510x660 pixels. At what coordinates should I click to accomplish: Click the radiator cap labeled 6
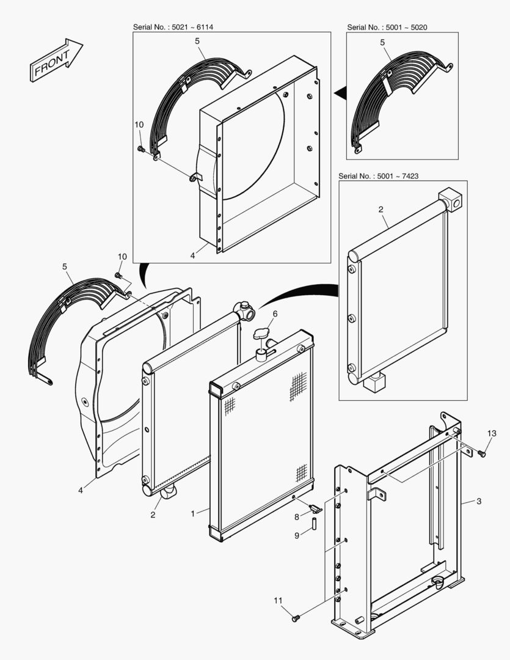point(263,334)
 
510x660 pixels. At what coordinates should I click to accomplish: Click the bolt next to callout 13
point(481,453)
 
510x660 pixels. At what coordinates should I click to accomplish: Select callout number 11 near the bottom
point(279,601)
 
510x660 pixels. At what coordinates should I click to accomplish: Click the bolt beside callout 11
point(296,618)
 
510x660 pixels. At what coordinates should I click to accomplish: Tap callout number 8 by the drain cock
point(297,516)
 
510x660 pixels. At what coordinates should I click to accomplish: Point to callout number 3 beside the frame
point(479,501)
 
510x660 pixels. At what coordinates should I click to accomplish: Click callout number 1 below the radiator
point(193,514)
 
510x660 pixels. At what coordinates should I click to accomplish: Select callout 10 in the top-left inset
point(139,125)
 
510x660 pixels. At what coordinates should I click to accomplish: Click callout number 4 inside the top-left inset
point(192,256)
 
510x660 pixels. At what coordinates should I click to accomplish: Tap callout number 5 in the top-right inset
point(382,42)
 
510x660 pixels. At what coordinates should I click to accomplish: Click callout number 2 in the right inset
point(381,210)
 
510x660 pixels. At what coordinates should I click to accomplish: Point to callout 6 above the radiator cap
point(275,313)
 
